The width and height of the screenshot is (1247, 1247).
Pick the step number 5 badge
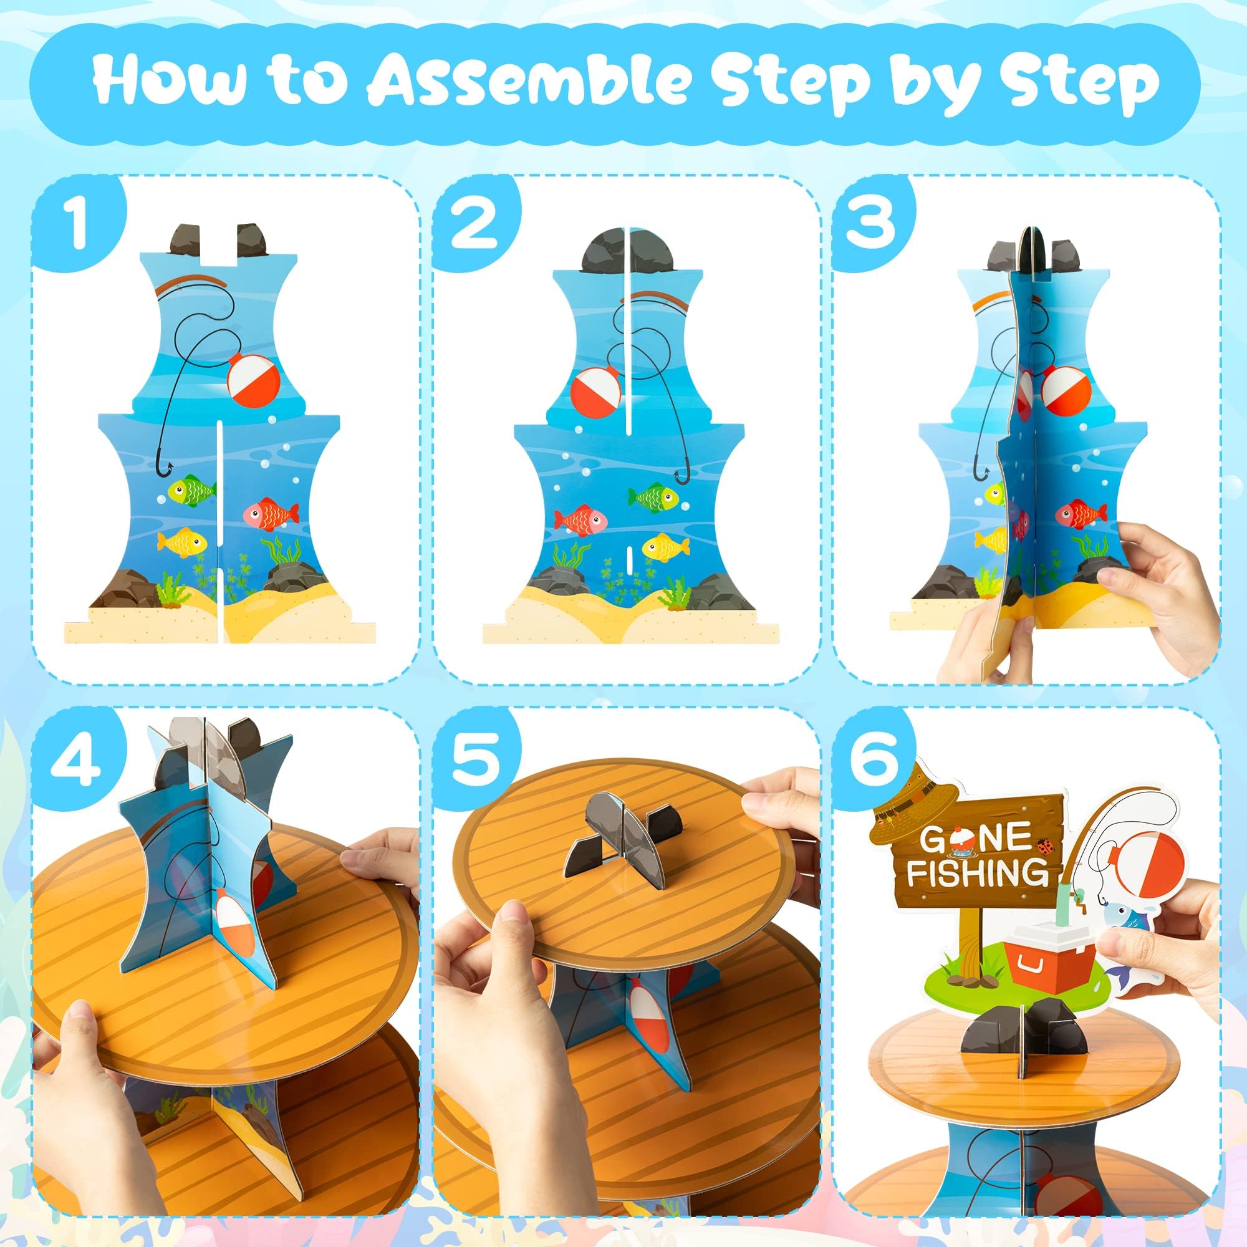click(474, 759)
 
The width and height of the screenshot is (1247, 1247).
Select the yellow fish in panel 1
click(183, 541)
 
